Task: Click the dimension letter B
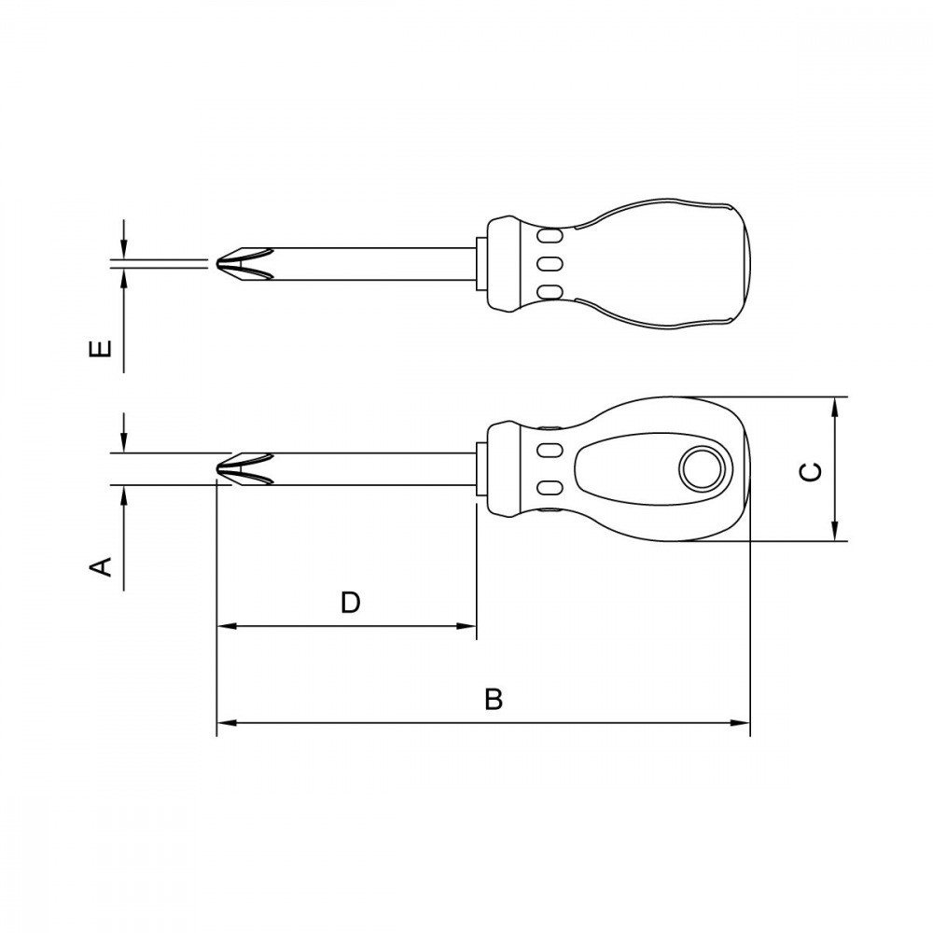(494, 699)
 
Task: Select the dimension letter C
(811, 471)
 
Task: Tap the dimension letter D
(351, 602)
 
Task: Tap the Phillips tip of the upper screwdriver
(244, 263)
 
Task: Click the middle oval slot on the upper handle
(550, 264)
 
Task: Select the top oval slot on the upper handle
(550, 236)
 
